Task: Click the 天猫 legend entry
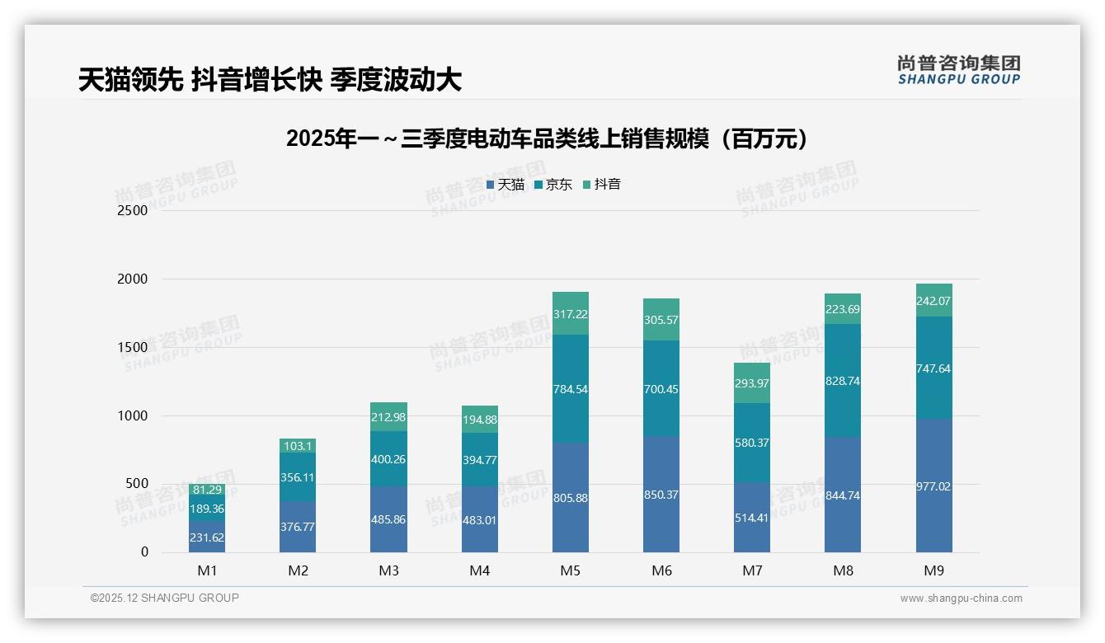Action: pos(505,185)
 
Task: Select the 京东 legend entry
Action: pos(553,185)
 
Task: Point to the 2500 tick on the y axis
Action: pos(133,210)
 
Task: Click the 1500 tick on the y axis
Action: pos(133,347)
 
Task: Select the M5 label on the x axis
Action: pos(571,570)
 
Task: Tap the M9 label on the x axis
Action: pos(933,570)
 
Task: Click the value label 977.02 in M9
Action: pos(933,486)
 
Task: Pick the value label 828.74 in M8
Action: pos(843,381)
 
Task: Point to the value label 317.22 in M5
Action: pos(571,314)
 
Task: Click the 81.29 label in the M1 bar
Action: pos(206,490)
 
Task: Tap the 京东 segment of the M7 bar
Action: pos(752,443)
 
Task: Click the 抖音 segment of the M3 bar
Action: pos(388,416)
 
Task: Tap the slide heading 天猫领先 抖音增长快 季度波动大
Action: pos(270,79)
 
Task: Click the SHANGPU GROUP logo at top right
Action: pos(958,69)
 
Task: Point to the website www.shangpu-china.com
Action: pos(961,598)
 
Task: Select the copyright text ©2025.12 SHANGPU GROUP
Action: pos(165,598)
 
